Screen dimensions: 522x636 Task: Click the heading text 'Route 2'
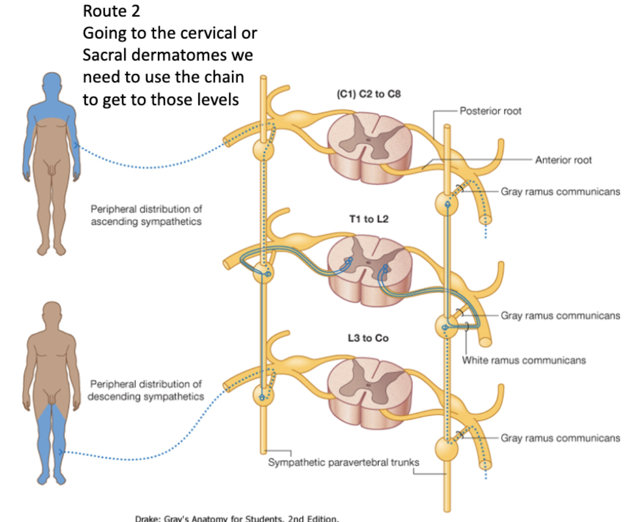112,11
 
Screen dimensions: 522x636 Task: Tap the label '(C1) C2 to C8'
368,95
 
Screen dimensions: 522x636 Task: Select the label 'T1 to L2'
369,219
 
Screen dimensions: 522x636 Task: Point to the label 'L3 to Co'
368,338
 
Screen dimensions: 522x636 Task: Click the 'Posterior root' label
490,111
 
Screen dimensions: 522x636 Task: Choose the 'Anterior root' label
563,160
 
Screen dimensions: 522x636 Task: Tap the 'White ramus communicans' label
524,360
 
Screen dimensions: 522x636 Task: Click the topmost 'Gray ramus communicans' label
560,192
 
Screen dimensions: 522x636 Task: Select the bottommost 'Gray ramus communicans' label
560,438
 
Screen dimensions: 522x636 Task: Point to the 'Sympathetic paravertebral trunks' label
344,463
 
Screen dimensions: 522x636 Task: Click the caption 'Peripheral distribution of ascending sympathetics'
146,215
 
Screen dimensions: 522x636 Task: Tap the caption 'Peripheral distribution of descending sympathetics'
146,390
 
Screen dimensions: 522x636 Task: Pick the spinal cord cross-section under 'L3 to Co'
368,387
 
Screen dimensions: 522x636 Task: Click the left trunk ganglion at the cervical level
263,150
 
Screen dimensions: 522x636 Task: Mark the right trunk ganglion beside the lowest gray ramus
446,450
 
